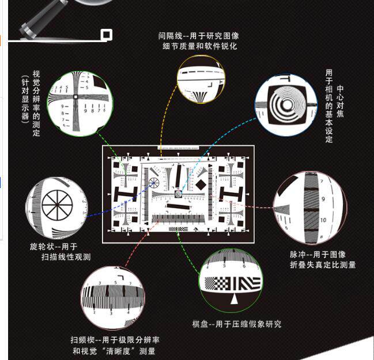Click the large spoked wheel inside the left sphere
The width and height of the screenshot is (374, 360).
coord(57,205)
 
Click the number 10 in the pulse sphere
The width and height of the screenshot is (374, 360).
coord(323,220)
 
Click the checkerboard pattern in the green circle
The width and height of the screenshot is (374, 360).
coord(221,283)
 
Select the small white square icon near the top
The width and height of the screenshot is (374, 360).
coord(106,36)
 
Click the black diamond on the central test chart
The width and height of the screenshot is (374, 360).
coord(200,185)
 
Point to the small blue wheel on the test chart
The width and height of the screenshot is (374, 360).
coord(154,184)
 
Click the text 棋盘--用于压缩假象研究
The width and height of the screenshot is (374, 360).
coord(236,324)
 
